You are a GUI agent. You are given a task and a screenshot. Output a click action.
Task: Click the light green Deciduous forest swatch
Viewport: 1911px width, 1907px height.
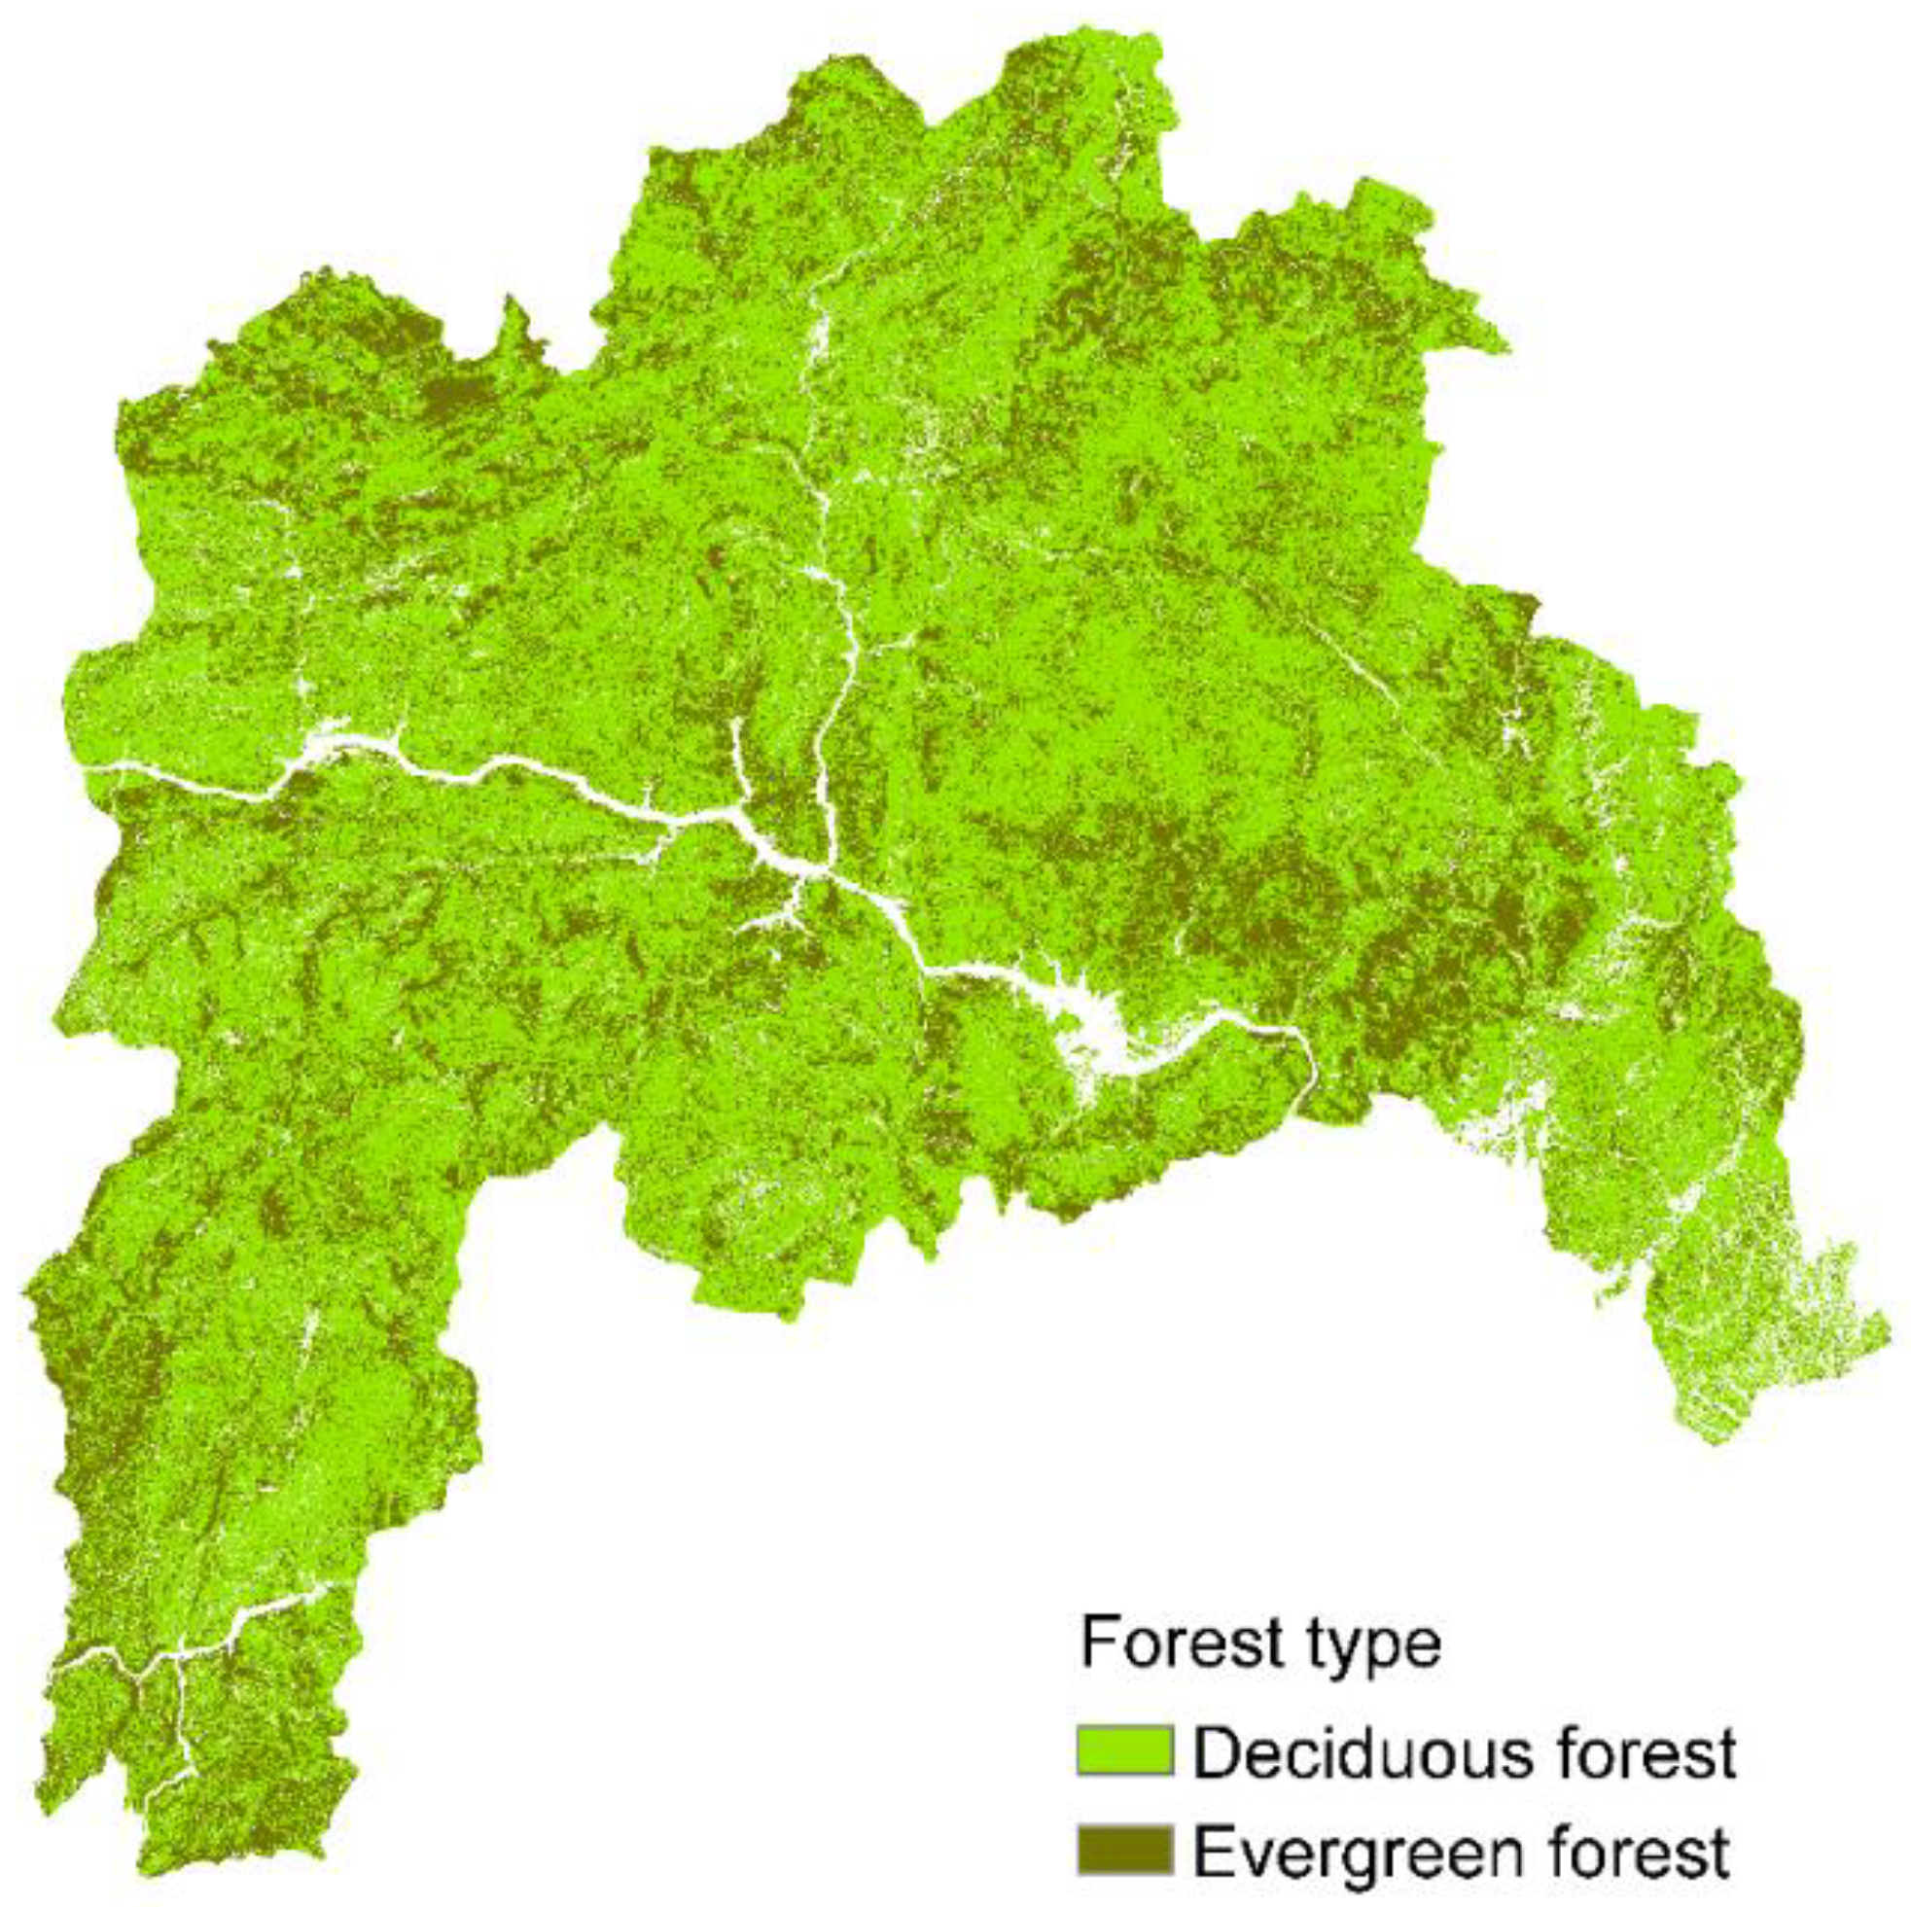pos(1124,1750)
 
